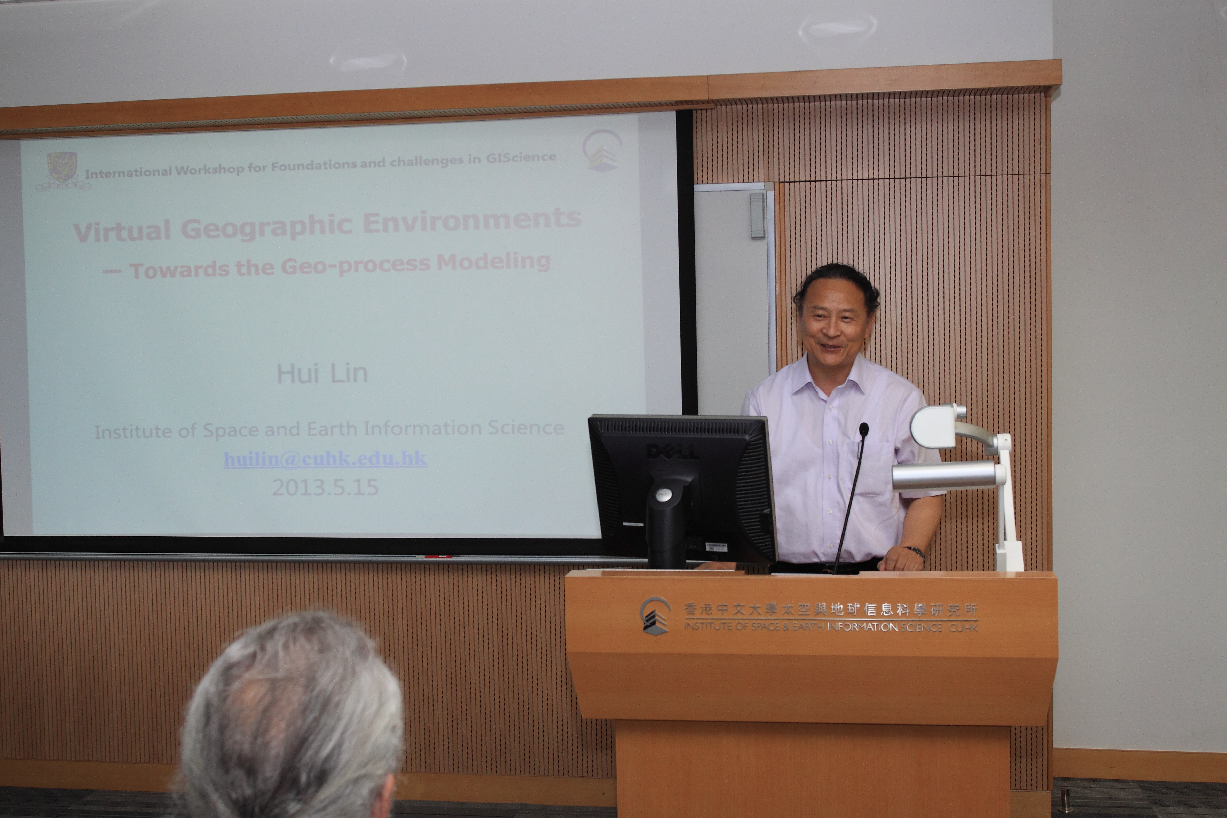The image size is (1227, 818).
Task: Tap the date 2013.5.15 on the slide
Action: pyautogui.click(x=325, y=487)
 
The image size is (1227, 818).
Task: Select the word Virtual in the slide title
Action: pyautogui.click(x=122, y=231)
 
